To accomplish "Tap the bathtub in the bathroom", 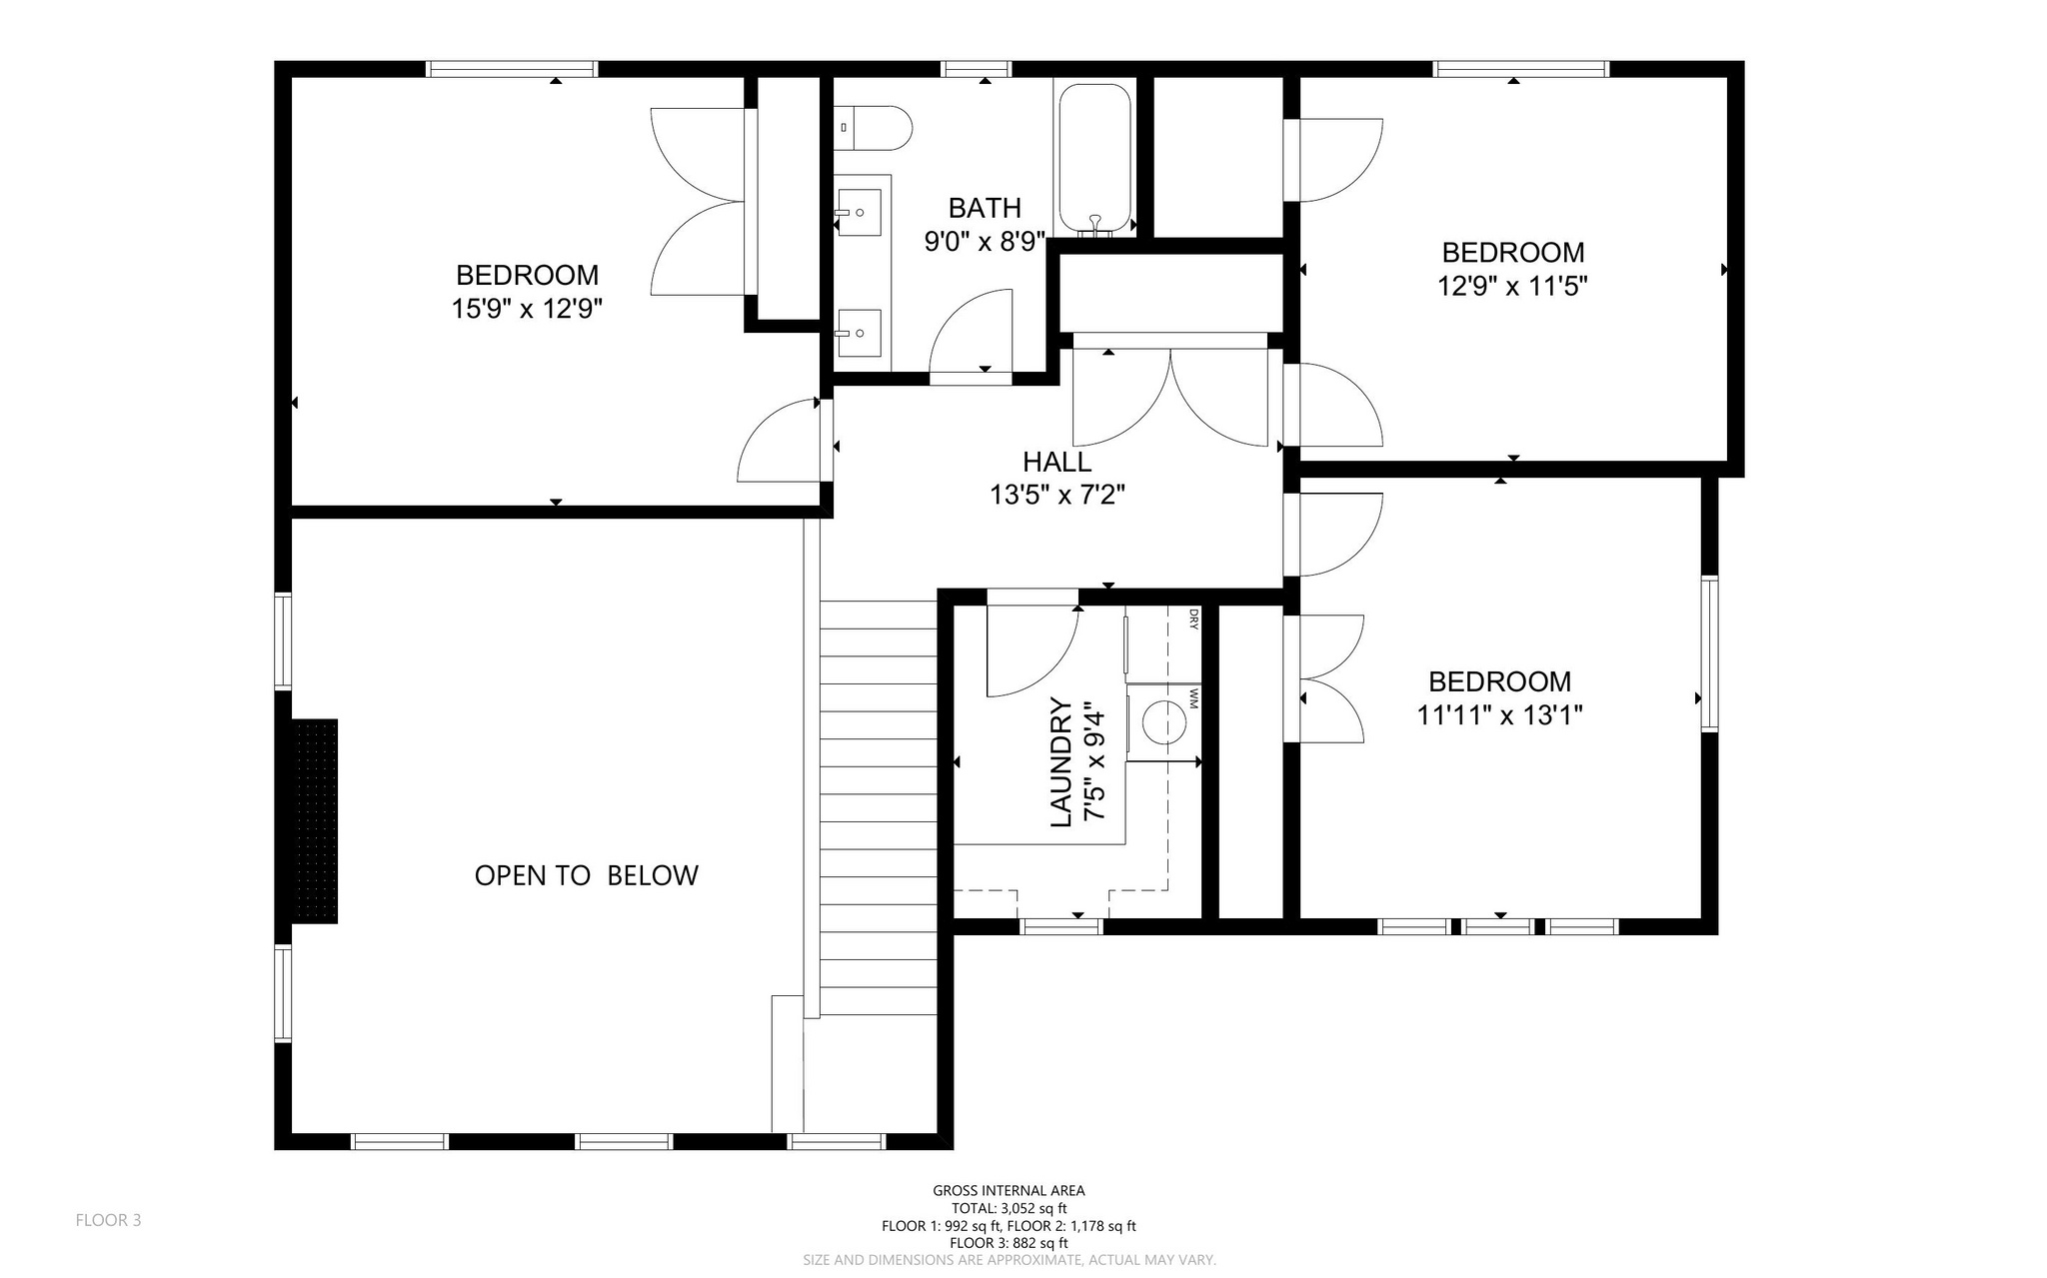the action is pyautogui.click(x=1095, y=159).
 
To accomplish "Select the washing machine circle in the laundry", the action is pyautogui.click(x=1163, y=721).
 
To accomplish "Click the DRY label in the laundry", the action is pyautogui.click(x=1193, y=620).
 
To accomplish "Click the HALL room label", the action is pyautogui.click(x=1057, y=462).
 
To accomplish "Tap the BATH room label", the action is pyautogui.click(x=985, y=208).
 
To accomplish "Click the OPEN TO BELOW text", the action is pyautogui.click(x=586, y=875).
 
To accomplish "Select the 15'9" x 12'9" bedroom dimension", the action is pyautogui.click(x=527, y=308).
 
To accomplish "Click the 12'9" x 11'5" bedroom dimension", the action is pyautogui.click(x=1512, y=286).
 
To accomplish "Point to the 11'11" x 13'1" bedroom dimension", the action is pyautogui.click(x=1499, y=715).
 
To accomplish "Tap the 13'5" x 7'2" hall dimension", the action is pyautogui.click(x=1057, y=495).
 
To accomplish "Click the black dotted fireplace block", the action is pyautogui.click(x=314, y=821).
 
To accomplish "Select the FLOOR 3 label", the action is pyautogui.click(x=109, y=1220).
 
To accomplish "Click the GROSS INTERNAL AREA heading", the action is pyautogui.click(x=1009, y=1191).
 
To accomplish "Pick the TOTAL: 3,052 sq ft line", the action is pyautogui.click(x=1009, y=1208).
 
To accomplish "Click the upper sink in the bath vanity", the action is pyautogui.click(x=859, y=212).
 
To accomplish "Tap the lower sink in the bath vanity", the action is pyautogui.click(x=859, y=333).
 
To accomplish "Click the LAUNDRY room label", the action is pyautogui.click(x=1061, y=763).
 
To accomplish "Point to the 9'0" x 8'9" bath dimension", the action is pyautogui.click(x=985, y=241).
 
